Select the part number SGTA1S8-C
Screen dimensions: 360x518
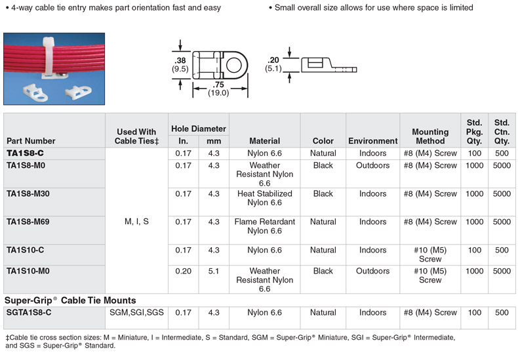pyautogui.click(x=29, y=313)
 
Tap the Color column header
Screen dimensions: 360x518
pyautogui.click(x=323, y=141)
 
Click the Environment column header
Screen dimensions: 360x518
pyautogui.click(x=372, y=141)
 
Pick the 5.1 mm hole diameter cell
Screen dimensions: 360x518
pyautogui.click(x=214, y=271)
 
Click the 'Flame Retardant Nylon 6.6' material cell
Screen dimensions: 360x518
pyautogui.click(x=264, y=226)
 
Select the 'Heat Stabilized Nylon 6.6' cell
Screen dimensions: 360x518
pyautogui.click(x=264, y=198)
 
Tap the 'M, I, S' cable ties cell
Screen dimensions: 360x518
pyautogui.click(x=136, y=222)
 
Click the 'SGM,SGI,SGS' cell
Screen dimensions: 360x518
pyautogui.click(x=136, y=313)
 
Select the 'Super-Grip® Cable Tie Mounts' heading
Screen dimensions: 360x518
pyautogui.click(x=71, y=300)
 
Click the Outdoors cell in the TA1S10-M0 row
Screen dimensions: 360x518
pyautogui.click(x=372, y=271)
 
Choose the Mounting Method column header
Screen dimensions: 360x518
pyautogui.click(x=430, y=136)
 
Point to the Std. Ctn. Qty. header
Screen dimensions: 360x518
pyautogui.click(x=502, y=132)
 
